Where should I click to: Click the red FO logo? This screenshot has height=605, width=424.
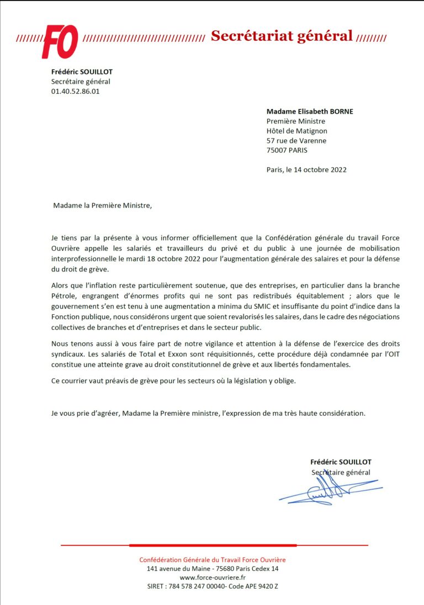pyautogui.click(x=60, y=41)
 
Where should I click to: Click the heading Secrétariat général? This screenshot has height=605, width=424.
pyautogui.click(x=282, y=36)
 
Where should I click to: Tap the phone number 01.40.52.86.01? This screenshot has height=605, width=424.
pyautogui.click(x=76, y=92)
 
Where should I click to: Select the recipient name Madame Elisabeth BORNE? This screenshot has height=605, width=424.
pyautogui.click(x=310, y=111)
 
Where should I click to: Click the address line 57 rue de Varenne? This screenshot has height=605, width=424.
pyautogui.click(x=296, y=141)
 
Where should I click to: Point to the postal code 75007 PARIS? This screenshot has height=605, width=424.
pyautogui.click(x=287, y=150)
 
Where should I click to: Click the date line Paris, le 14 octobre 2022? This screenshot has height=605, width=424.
pyautogui.click(x=306, y=170)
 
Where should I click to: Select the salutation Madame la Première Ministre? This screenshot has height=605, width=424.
pyautogui.click(x=102, y=206)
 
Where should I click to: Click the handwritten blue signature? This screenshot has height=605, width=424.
pyautogui.click(x=330, y=490)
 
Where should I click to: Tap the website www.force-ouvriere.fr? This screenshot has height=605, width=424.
pyautogui.click(x=213, y=577)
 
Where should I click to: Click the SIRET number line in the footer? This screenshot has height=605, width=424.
pyautogui.click(x=213, y=586)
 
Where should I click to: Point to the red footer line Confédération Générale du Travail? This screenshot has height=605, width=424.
pyautogui.click(x=213, y=560)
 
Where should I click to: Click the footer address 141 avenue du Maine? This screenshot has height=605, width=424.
pyautogui.click(x=213, y=569)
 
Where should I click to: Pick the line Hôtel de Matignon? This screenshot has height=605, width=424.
pyautogui.click(x=297, y=131)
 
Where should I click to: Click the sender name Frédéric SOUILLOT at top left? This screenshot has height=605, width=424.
pyautogui.click(x=82, y=72)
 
